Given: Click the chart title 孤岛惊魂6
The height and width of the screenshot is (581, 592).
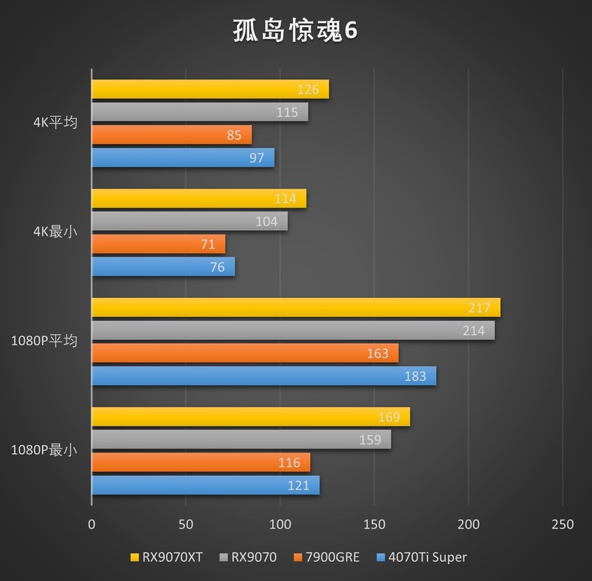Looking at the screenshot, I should pyautogui.click(x=295, y=31).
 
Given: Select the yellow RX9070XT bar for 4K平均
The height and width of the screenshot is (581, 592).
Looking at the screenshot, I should pyautogui.click(x=209, y=89).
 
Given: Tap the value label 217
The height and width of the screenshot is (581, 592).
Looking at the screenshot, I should pyautogui.click(x=480, y=308).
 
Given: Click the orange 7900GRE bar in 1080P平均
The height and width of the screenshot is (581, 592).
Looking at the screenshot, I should pyautogui.click(x=244, y=353).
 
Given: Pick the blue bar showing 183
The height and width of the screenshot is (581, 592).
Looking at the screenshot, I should pyautogui.click(x=263, y=376).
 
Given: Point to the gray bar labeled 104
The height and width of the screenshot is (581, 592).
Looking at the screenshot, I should pyautogui.click(x=189, y=221).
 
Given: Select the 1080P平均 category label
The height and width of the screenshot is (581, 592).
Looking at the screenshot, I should pyautogui.click(x=44, y=341).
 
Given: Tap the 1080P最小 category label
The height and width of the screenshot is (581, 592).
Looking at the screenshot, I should pyautogui.click(x=44, y=449).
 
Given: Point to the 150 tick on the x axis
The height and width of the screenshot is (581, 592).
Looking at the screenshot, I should pyautogui.click(x=374, y=524).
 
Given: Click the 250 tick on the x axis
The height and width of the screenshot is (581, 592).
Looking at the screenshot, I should pyautogui.click(x=562, y=524).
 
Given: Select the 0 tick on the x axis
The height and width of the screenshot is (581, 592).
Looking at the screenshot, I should pyautogui.click(x=91, y=524).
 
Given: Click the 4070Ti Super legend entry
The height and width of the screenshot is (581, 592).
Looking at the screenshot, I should pyautogui.click(x=422, y=557).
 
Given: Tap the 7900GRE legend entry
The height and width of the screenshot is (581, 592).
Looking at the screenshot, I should pyautogui.click(x=326, y=557).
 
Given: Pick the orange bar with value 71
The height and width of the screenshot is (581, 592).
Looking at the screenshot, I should pyautogui.click(x=158, y=244).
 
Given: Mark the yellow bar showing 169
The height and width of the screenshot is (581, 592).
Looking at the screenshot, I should pyautogui.click(x=250, y=417).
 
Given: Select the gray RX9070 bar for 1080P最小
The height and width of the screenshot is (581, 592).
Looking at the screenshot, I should pyautogui.click(x=240, y=440).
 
